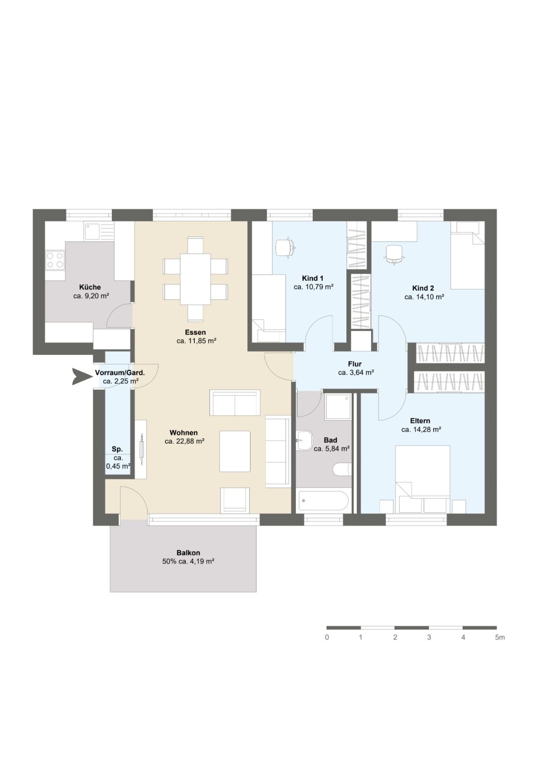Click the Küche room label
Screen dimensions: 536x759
(x=90, y=287)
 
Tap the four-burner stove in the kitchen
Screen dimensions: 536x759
(x=55, y=260)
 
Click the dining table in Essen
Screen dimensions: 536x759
(x=195, y=279)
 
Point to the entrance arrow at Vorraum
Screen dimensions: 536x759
(x=81, y=377)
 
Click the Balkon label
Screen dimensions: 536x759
(x=188, y=553)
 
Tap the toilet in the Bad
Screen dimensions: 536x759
(x=342, y=470)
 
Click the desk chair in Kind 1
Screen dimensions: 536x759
(x=285, y=247)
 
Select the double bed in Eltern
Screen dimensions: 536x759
(x=423, y=479)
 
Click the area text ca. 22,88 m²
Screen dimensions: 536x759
(x=184, y=441)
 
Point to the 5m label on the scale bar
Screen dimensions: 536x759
(x=500, y=638)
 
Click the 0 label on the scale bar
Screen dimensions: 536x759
(x=327, y=638)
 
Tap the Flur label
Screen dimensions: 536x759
(x=355, y=364)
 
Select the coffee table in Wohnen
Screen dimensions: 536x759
(x=235, y=451)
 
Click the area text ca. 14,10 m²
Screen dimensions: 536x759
(x=424, y=297)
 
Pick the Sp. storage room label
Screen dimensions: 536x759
(x=117, y=449)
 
